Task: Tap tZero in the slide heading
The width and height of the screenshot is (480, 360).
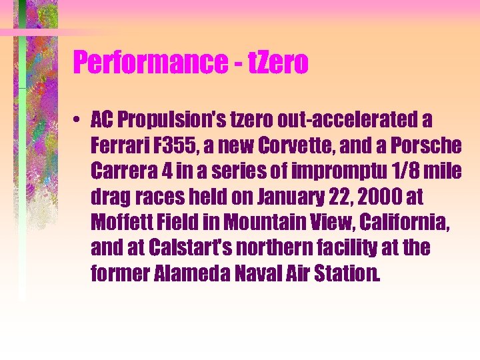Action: pyautogui.click(x=277, y=63)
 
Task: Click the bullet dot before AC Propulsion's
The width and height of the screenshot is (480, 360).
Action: pyautogui.click(x=79, y=121)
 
